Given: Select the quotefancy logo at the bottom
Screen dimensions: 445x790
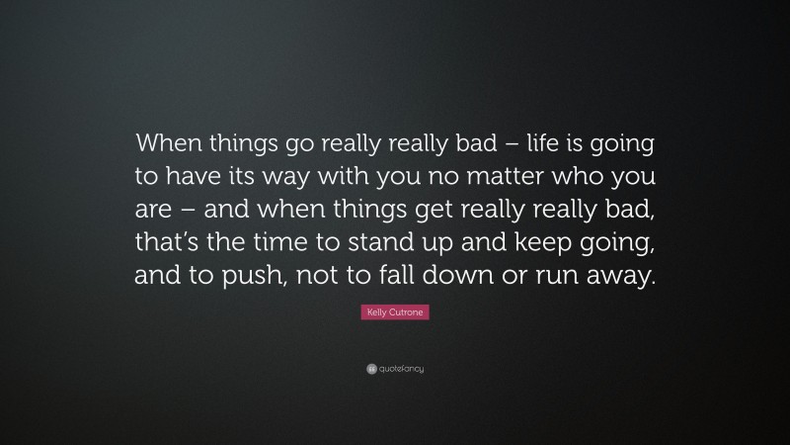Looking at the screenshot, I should [394, 369].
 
